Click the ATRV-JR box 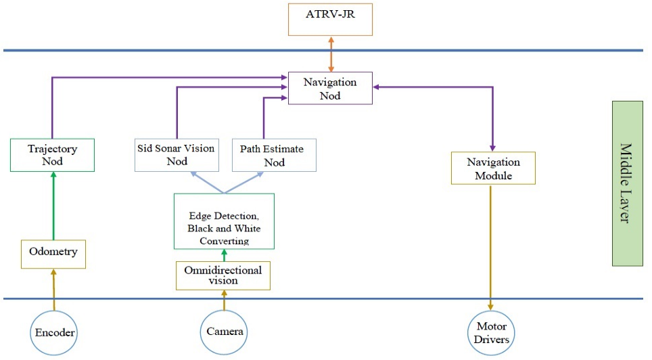330,19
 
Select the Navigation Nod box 330,88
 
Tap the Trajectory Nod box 52,155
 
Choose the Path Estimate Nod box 273,155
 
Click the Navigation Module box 493,168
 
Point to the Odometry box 53,252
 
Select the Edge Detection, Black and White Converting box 223,221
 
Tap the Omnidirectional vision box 223,275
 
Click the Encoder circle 53,332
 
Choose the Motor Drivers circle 491,333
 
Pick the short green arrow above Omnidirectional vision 224,255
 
